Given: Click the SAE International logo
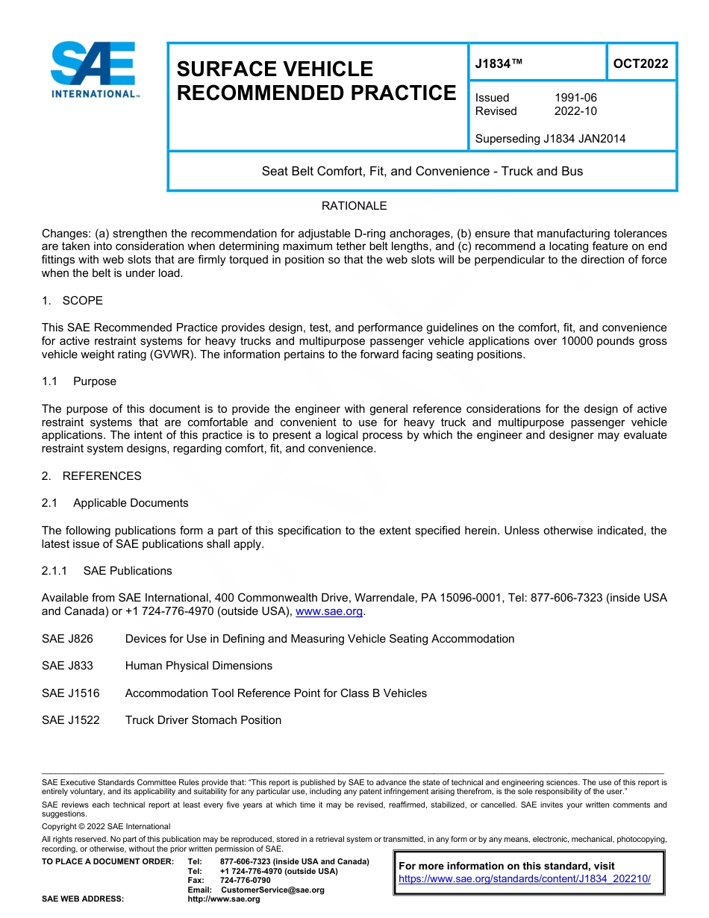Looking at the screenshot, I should [x=94, y=69].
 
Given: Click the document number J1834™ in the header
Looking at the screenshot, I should [x=499, y=64].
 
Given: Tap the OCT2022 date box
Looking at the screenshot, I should [x=640, y=64].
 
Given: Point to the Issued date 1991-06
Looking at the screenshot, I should [x=575, y=98].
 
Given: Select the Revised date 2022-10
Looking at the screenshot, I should [x=575, y=111].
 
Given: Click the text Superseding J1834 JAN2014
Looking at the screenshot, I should [x=550, y=138].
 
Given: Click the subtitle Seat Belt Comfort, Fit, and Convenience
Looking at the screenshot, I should [x=422, y=171].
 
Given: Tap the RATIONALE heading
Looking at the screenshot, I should [x=354, y=206].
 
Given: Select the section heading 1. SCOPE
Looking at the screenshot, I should [x=72, y=300].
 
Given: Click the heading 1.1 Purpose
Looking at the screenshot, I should [x=79, y=381].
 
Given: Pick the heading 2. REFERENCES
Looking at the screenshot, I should [x=91, y=475].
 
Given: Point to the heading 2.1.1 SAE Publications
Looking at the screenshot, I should [x=107, y=571].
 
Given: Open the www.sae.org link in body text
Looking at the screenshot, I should [x=329, y=612].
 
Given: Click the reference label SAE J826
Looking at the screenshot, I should [x=68, y=639].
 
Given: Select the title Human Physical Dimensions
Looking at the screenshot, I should [x=199, y=666].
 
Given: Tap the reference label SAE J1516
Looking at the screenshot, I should [x=71, y=693].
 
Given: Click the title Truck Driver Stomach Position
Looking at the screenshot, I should [x=203, y=720].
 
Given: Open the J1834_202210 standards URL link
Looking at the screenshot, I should [x=525, y=879].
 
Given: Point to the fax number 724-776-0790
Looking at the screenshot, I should [x=245, y=881].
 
